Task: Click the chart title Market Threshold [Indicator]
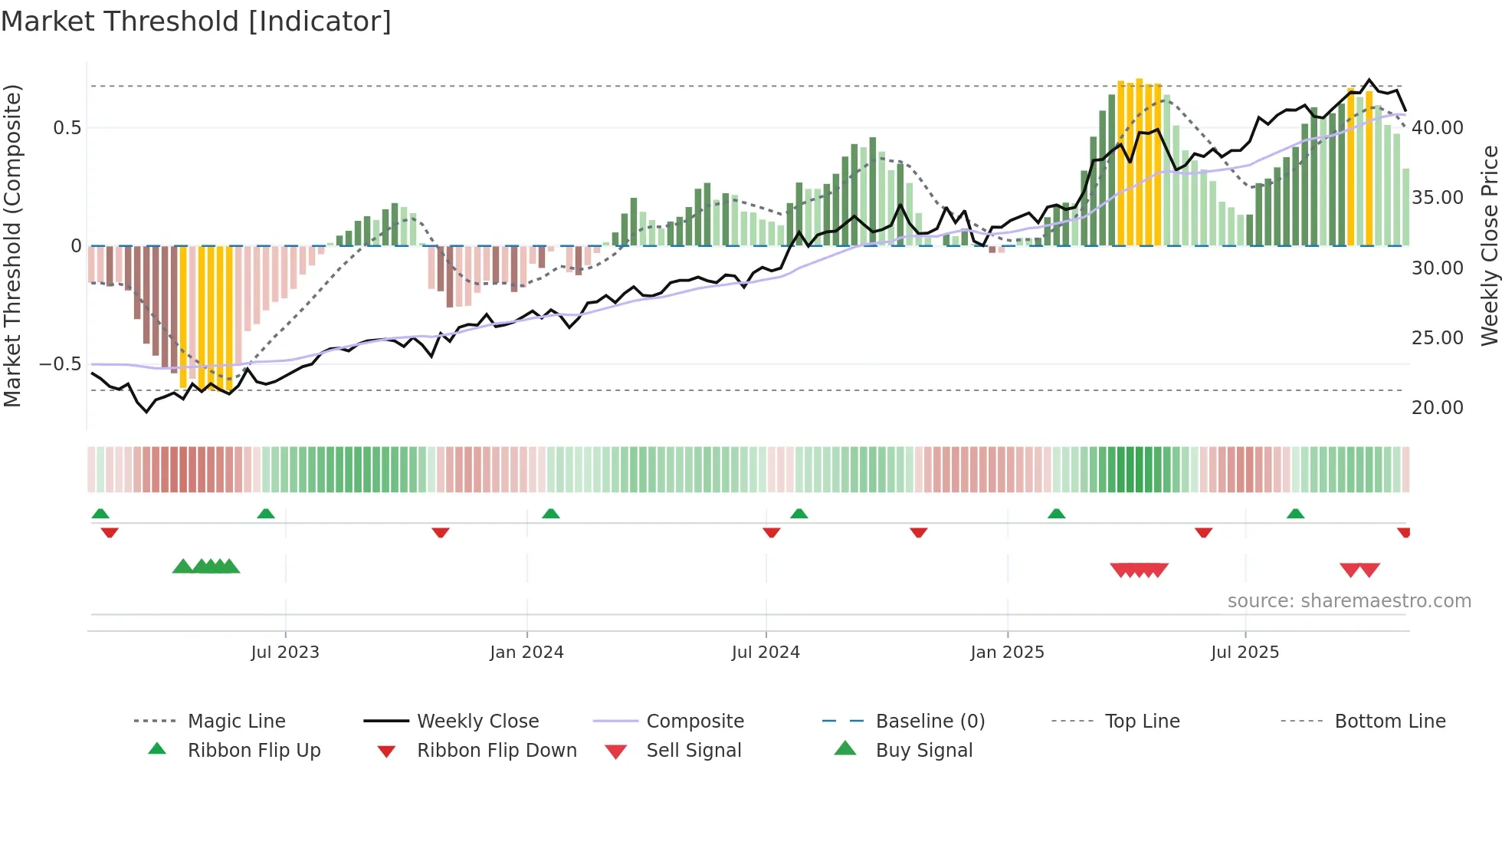[x=196, y=21]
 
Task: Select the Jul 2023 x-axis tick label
[x=285, y=653]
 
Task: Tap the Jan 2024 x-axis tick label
[x=526, y=653]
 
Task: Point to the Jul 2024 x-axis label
[x=766, y=653]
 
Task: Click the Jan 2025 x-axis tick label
[x=1007, y=653]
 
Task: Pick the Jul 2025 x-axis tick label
[x=1245, y=653]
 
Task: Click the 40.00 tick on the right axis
[x=1437, y=128]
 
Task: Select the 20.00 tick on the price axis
[x=1437, y=408]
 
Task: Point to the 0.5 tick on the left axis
[x=67, y=128]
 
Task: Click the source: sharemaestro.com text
[x=1349, y=601]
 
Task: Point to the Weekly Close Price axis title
[x=1489, y=245]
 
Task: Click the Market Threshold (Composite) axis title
[x=12, y=245]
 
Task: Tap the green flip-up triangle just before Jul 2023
[x=266, y=514]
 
